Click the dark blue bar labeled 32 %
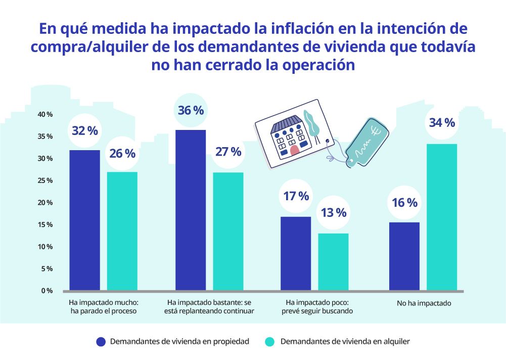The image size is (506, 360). pyautogui.click(x=84, y=220)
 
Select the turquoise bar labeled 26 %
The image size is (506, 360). pyautogui.click(x=122, y=231)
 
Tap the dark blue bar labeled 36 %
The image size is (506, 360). pyautogui.click(x=191, y=210)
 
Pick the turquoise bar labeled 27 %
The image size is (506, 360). pyautogui.click(x=228, y=231)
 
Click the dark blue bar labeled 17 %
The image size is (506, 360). pyautogui.click(x=296, y=253)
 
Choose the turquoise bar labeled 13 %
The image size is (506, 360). pyautogui.click(x=333, y=261)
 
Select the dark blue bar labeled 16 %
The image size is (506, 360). pyautogui.click(x=404, y=256)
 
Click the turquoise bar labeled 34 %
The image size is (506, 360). pyautogui.click(x=441, y=217)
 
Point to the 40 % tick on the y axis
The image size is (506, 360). pyautogui.click(x=45, y=114)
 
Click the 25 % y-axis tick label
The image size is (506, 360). pyautogui.click(x=45, y=181)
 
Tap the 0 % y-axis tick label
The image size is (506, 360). pyautogui.click(x=47, y=291)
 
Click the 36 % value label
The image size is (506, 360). pyautogui.click(x=191, y=110)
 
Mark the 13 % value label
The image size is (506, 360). pyautogui.click(x=333, y=212)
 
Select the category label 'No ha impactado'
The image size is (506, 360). pyautogui.click(x=424, y=304)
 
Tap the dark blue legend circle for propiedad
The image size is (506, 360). pyautogui.click(x=101, y=342)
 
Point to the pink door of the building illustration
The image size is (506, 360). pyautogui.click(x=295, y=150)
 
